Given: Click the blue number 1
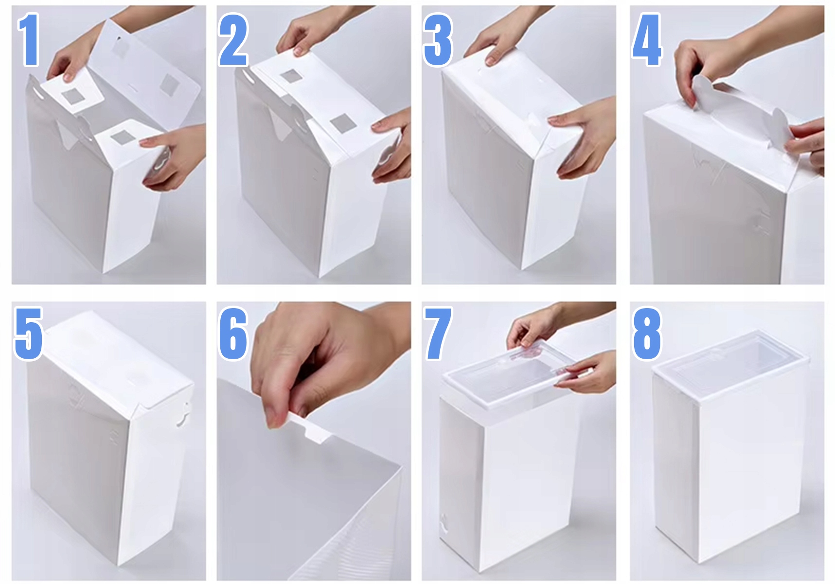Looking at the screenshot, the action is pos(29,39).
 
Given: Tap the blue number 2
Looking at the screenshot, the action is pos(233,39).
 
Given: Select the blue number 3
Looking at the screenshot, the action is pos(438,39).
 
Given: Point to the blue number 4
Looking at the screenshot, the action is pos(647,39).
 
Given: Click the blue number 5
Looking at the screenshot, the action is pos(29,333).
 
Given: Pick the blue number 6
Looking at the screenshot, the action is pos(234,333).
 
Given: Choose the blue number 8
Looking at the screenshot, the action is pos(647,333).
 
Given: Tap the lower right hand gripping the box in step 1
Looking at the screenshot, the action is pos(173,156).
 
